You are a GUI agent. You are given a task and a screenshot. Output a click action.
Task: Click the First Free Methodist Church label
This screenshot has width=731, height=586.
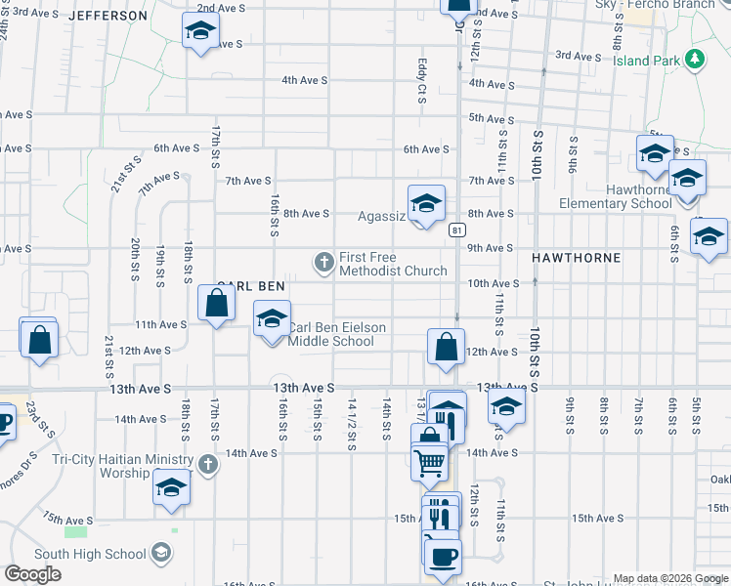click(393, 264)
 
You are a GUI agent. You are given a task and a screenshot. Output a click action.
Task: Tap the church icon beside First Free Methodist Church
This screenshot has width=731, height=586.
click(323, 262)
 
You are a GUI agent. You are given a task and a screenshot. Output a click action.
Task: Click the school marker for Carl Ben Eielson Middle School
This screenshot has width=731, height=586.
click(273, 319)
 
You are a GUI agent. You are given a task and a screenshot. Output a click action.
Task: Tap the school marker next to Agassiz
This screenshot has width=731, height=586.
click(426, 203)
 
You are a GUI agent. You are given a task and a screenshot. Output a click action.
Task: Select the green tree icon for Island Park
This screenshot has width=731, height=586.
click(695, 59)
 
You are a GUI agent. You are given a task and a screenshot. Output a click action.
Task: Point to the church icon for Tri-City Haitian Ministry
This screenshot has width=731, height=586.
click(207, 465)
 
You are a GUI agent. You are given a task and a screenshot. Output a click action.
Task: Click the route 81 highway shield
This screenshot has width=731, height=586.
click(456, 230)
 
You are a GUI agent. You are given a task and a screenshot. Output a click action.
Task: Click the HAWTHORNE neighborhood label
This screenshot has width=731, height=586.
click(577, 257)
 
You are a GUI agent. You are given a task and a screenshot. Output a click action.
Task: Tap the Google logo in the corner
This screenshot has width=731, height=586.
click(33, 574)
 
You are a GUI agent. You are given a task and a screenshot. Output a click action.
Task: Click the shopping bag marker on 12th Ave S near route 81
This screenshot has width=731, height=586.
click(446, 347)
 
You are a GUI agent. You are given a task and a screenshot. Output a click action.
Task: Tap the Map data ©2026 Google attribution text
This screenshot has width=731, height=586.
click(670, 578)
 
